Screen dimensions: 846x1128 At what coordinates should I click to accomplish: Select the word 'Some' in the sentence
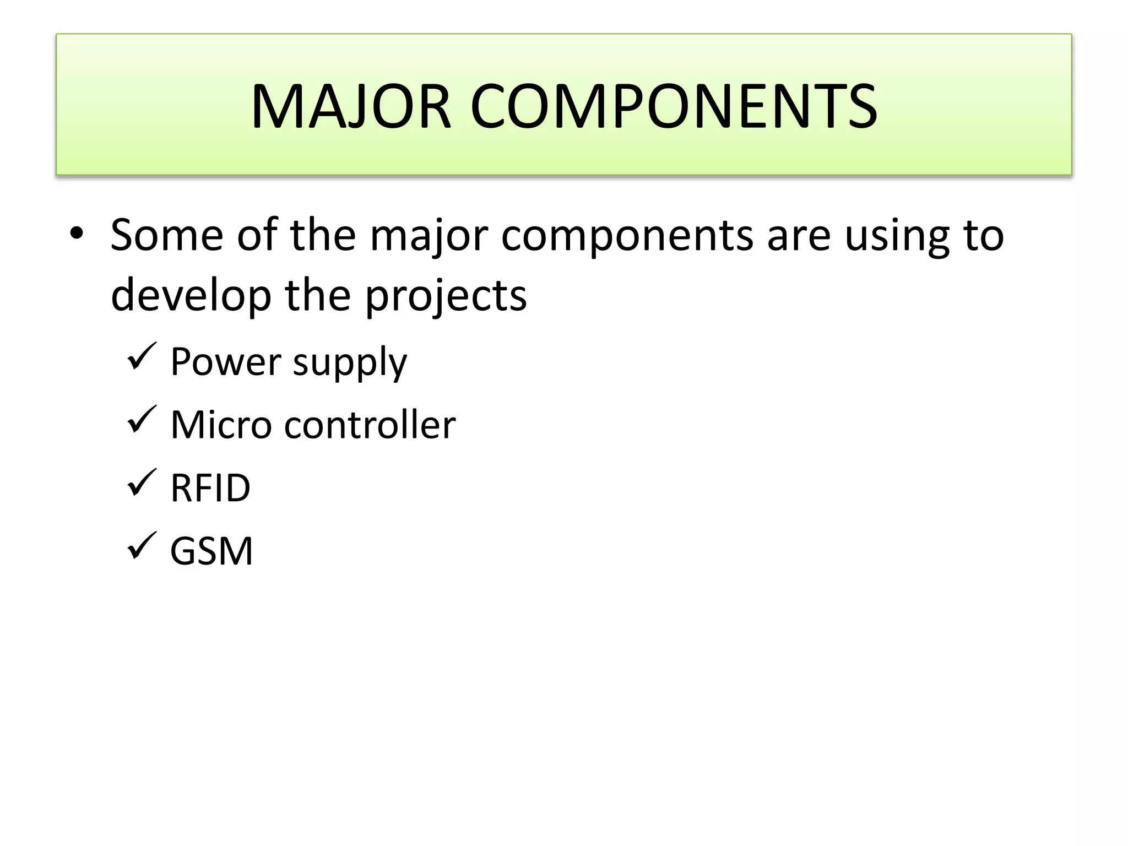[167, 235]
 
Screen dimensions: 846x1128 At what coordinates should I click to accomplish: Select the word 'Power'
[226, 362]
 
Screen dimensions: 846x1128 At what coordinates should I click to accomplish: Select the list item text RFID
[210, 488]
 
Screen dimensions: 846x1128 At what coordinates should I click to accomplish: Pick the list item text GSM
[211, 551]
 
